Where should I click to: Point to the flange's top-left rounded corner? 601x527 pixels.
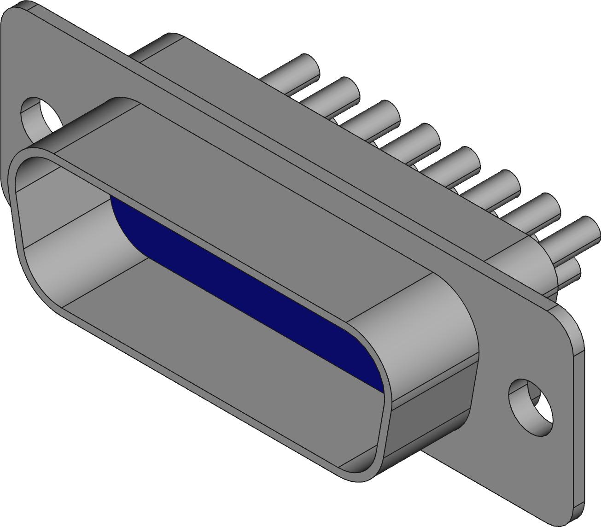point(14,12)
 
